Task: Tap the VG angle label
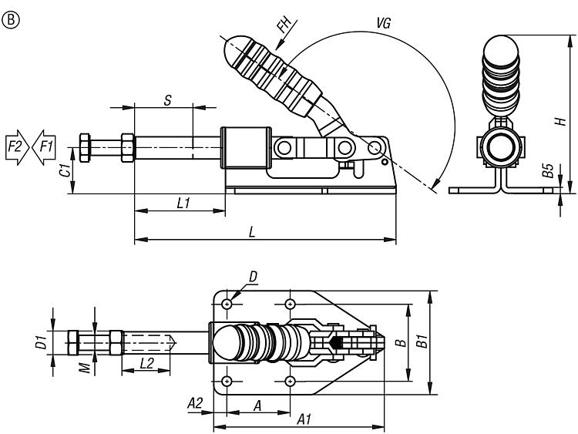click(383, 23)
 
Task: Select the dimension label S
click(168, 99)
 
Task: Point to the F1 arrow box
click(43, 146)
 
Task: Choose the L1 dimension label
click(183, 203)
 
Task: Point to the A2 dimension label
click(195, 402)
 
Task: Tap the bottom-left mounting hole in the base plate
click(227, 381)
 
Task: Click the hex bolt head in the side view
click(86, 146)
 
